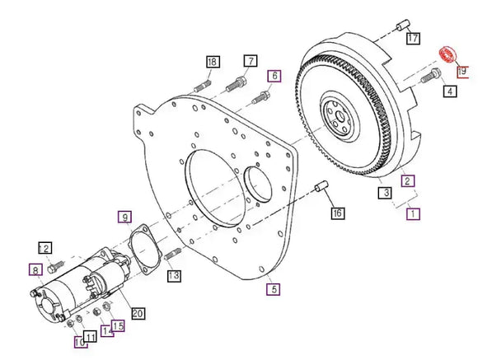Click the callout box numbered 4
click(x=449, y=91)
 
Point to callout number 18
click(x=213, y=62)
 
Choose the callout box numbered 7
click(x=250, y=60)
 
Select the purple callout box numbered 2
click(x=406, y=180)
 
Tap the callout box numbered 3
click(x=384, y=194)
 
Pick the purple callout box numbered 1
click(x=414, y=213)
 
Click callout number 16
click(x=337, y=213)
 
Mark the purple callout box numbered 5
click(x=272, y=288)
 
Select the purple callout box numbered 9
click(x=124, y=217)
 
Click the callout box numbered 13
click(x=174, y=277)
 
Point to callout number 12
click(x=45, y=248)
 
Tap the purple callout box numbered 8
click(x=35, y=269)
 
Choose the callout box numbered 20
click(x=138, y=313)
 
